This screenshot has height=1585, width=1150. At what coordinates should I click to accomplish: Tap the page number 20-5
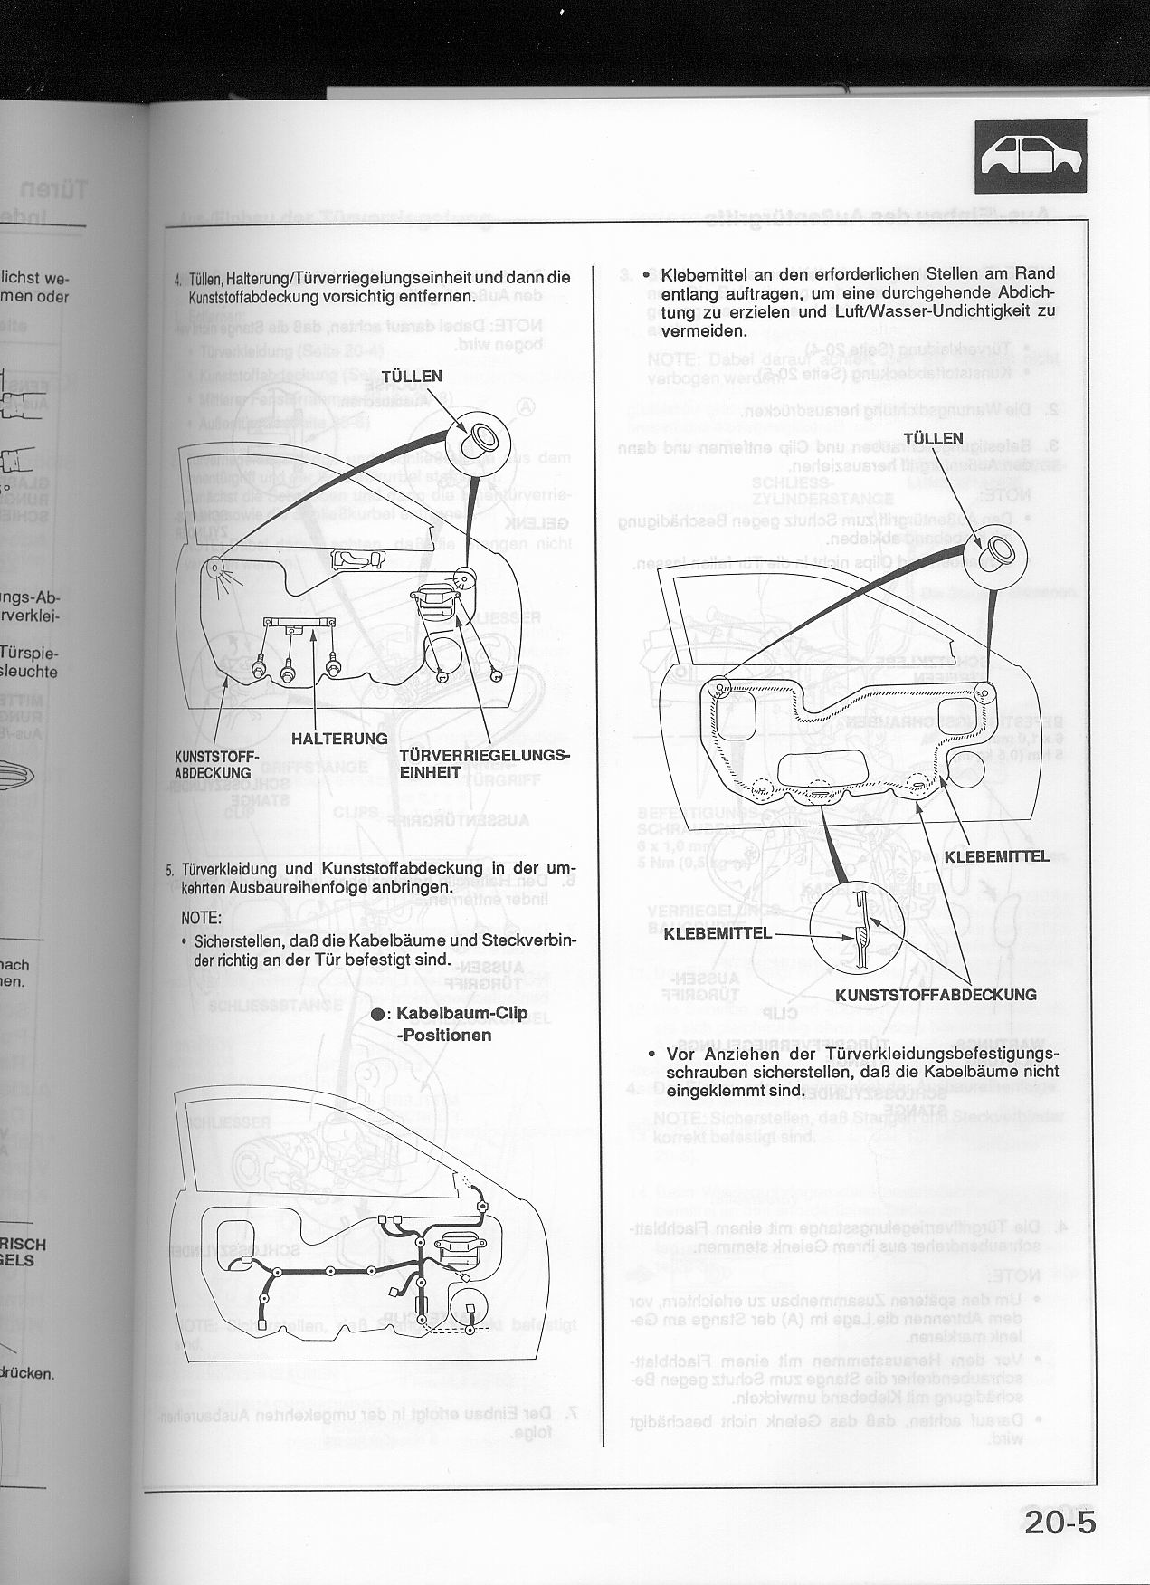click(x=1060, y=1522)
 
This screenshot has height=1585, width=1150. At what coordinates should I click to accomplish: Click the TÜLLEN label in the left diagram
click(x=412, y=376)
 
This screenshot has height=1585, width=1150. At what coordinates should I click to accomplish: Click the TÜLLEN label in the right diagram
click(x=933, y=438)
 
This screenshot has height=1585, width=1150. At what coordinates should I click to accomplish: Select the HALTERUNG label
click(x=339, y=739)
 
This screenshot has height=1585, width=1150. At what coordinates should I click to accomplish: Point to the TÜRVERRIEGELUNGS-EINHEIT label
click(x=484, y=763)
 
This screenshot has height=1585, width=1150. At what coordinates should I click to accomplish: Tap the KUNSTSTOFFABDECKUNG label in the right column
click(x=936, y=994)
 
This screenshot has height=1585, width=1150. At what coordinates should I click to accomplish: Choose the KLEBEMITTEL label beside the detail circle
click(x=718, y=932)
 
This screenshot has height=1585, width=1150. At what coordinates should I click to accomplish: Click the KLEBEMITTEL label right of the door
click(x=996, y=855)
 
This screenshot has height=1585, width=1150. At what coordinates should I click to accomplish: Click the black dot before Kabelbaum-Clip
click(x=377, y=1015)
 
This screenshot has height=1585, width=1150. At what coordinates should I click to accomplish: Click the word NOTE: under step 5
click(x=202, y=918)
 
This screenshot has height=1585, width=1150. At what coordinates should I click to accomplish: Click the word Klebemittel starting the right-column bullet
click(x=706, y=274)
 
